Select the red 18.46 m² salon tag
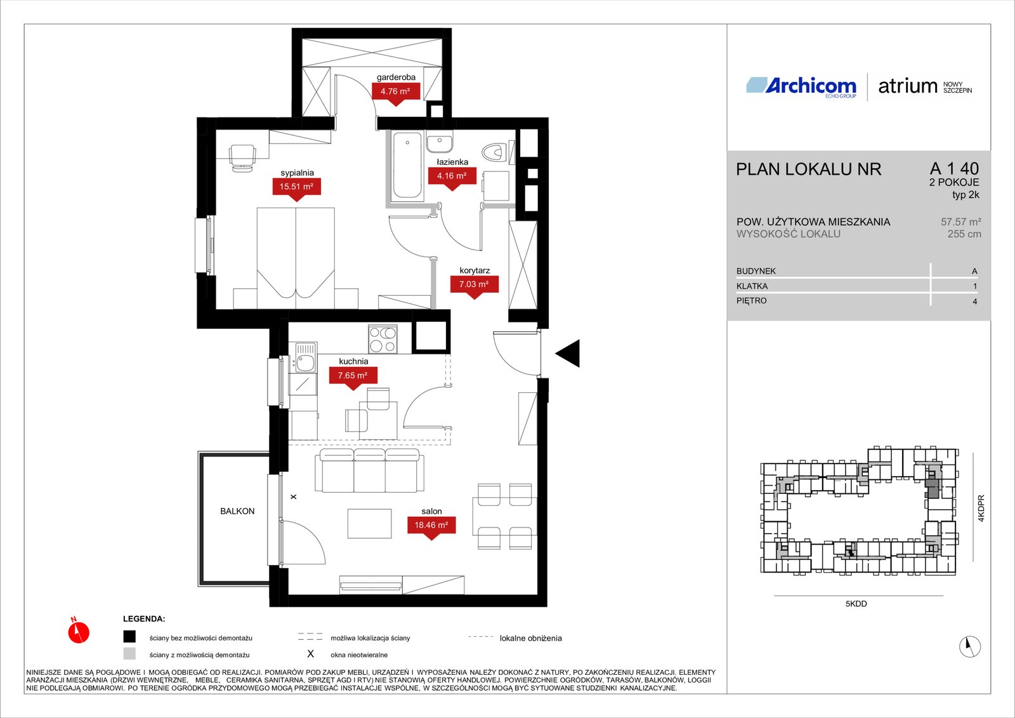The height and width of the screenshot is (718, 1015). pos(431,527)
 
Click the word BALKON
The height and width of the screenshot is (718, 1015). pos(237,511)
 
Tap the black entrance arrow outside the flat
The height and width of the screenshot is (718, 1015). pos(568,353)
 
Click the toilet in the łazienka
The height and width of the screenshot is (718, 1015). pos(494,152)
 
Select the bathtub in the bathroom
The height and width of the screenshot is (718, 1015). pos(407,166)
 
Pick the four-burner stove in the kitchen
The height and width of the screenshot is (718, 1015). pos(383,340)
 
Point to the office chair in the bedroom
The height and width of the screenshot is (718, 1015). pos(242,157)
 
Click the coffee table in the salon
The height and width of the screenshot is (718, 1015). pos(369,523)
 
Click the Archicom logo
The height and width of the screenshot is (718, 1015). pos(801,86)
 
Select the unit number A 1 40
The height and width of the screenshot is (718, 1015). pos(954,168)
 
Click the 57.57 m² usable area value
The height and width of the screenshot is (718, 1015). pos(961,222)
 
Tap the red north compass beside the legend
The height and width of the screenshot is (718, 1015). pos(79,631)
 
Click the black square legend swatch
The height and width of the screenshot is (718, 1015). pos(129,637)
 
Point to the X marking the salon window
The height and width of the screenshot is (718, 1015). pos(294,497)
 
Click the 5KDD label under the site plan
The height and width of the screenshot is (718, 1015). pos(856,604)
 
